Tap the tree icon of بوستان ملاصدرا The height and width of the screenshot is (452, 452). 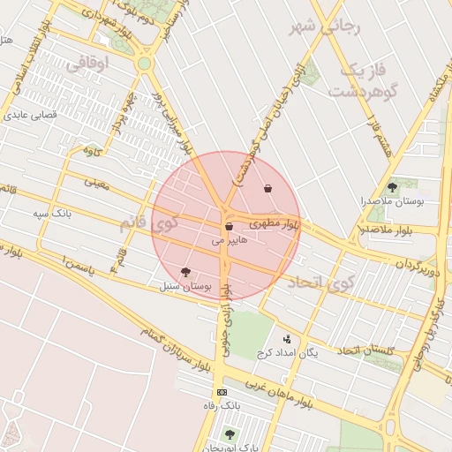392,187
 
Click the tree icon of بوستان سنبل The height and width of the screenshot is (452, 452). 185,272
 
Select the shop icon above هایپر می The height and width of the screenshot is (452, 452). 229,227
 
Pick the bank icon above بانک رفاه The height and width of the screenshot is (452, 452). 221,392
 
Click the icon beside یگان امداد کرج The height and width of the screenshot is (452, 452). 287,339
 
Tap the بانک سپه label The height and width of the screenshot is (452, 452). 52,214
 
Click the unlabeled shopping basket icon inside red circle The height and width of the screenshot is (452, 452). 267,188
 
